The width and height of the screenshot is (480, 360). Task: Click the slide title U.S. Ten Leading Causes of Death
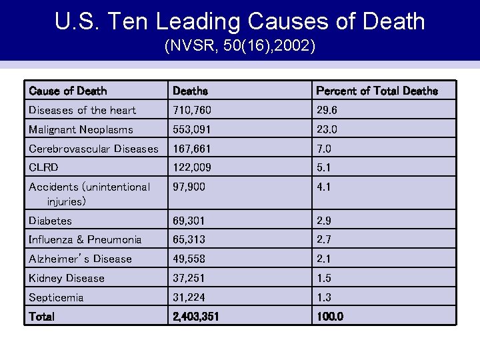[240, 21]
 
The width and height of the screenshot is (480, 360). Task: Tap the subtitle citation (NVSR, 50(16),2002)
[240, 47]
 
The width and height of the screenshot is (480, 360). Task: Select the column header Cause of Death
[68, 91]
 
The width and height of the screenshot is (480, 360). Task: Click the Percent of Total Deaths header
[377, 91]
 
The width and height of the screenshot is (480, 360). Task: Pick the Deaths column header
[190, 91]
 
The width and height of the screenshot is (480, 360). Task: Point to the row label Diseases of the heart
[82, 110]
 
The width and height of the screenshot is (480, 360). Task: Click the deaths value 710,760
[191, 110]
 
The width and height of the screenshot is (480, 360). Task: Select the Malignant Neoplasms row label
[81, 129]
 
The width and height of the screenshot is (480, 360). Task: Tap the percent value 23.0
[327, 129]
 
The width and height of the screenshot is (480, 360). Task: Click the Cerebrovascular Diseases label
[93, 149]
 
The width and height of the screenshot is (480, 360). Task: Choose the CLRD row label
[43, 168]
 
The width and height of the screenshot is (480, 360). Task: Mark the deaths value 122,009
[191, 168]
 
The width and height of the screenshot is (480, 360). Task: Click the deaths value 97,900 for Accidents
[189, 187]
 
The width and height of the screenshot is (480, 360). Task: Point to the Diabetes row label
[50, 221]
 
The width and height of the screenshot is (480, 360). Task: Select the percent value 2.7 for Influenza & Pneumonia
[324, 239]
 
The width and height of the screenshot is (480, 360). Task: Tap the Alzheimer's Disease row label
[80, 259]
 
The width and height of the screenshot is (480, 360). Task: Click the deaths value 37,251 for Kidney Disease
[189, 278]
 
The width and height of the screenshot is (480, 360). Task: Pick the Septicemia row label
[56, 297]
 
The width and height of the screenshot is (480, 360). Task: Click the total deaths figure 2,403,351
[195, 317]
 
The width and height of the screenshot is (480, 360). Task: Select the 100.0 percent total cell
[330, 317]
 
